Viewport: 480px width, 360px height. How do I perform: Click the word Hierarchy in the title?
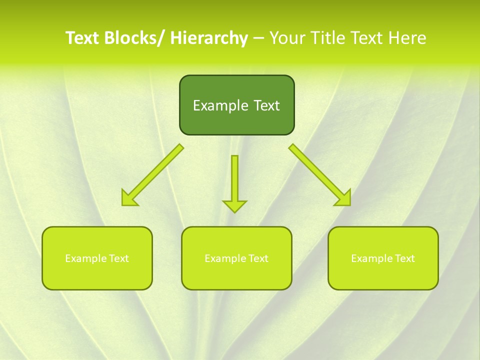[209, 38]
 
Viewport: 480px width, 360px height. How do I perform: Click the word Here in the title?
[408, 38]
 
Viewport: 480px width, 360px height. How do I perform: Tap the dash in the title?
[258, 38]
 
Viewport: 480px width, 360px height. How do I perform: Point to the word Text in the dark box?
[266, 105]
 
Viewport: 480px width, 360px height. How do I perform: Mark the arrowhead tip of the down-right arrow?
[349, 204]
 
